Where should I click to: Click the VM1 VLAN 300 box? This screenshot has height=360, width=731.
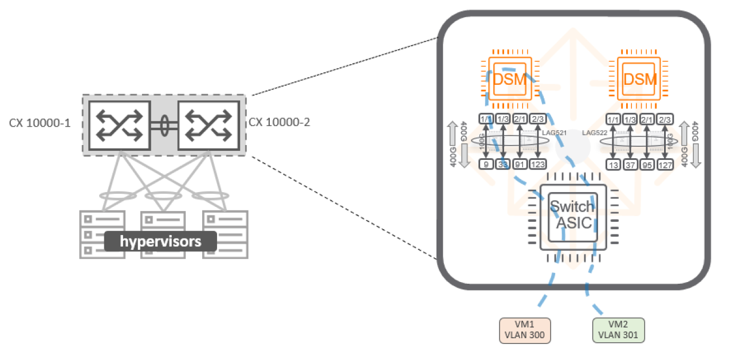click(524, 330)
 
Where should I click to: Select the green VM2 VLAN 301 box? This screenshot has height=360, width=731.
click(618, 330)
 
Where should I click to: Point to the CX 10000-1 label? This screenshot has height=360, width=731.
click(40, 123)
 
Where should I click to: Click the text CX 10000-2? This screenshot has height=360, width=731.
click(280, 122)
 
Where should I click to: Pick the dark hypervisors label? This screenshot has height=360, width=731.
click(160, 241)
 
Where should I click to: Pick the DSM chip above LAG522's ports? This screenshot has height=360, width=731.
click(639, 79)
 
